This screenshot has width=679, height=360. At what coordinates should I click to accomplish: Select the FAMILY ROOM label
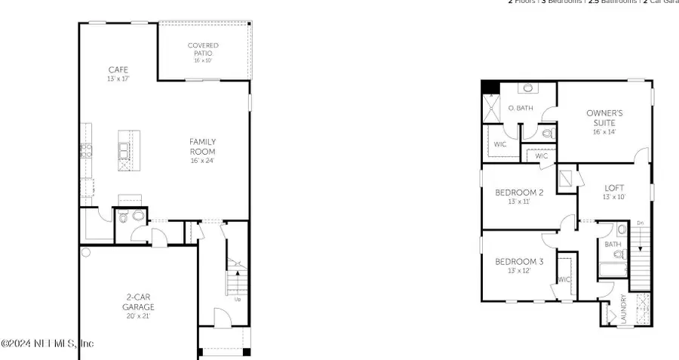click(203, 146)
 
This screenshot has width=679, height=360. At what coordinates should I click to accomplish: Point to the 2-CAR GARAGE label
click(138, 302)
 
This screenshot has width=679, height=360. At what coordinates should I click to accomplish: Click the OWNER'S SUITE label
click(605, 118)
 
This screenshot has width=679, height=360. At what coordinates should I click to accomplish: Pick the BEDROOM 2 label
click(519, 192)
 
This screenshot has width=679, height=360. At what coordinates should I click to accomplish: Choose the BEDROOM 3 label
click(519, 262)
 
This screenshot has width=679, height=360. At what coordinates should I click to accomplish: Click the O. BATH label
click(521, 108)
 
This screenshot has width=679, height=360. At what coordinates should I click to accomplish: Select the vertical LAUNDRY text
click(623, 309)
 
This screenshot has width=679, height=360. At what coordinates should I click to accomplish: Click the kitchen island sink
click(123, 146)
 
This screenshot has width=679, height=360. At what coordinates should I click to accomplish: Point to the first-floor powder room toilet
click(124, 219)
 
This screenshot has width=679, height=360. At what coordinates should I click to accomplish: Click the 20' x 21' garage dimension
click(138, 316)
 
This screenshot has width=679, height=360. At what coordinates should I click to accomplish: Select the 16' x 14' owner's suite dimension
click(605, 132)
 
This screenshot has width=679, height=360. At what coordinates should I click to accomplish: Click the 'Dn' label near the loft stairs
click(640, 223)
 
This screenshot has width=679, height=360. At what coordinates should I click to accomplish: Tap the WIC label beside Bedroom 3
click(564, 279)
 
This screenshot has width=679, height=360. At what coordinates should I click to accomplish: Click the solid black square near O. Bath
click(491, 87)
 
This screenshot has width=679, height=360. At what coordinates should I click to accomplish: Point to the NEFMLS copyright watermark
click(47, 343)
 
